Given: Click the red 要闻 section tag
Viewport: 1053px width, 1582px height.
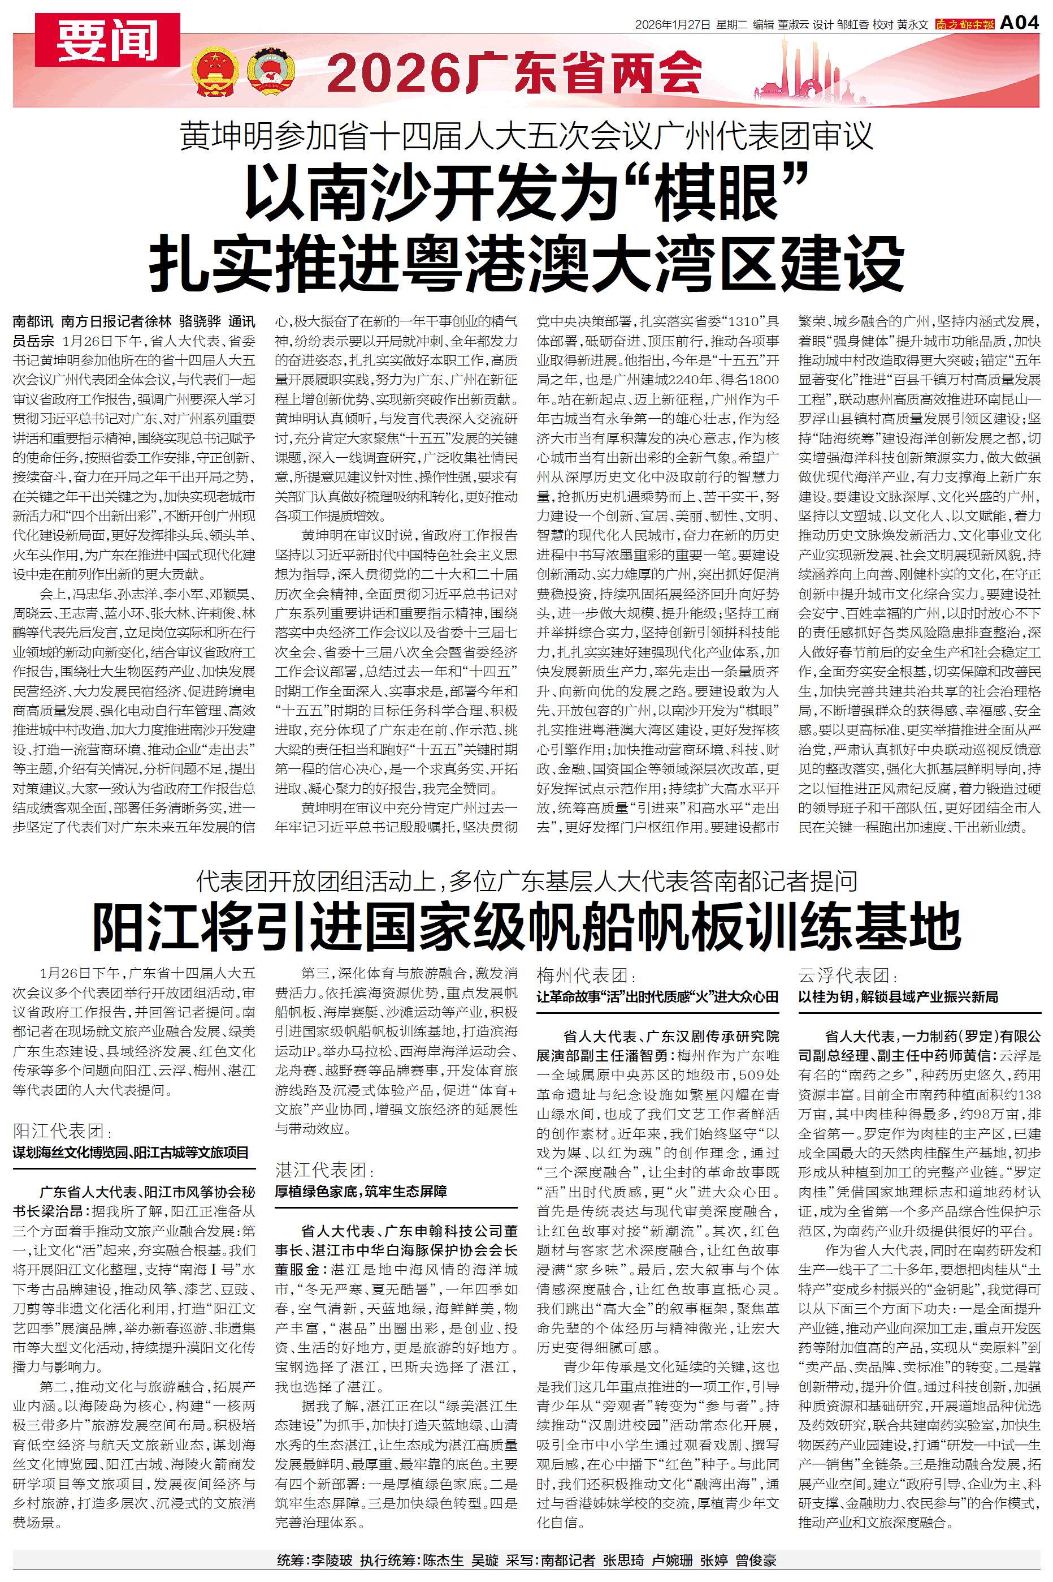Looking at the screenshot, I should coord(107,40).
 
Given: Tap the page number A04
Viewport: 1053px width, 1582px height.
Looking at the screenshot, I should coord(1020,24).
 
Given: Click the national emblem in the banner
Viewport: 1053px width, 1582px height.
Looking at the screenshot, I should coord(214,72).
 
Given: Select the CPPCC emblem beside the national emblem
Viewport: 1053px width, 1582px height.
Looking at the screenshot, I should coord(271,72).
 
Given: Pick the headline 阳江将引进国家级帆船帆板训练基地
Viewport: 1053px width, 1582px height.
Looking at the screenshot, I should coord(527,926).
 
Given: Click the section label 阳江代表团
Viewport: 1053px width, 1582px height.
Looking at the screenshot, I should coord(59,1130).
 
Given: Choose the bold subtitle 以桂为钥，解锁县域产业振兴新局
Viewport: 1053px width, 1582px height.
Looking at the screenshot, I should coord(898,996).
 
